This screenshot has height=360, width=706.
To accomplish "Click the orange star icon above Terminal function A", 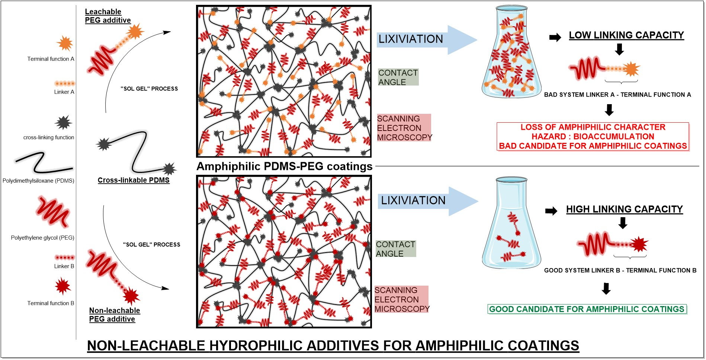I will (x=65, y=44).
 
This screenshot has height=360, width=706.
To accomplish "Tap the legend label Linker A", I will (x=64, y=92).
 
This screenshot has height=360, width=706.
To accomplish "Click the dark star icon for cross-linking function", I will (x=63, y=122).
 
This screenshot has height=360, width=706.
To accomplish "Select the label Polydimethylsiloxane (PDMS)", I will (x=38, y=181).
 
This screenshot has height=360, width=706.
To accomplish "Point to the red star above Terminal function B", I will (x=63, y=286).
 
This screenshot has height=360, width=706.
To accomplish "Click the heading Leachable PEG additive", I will (x=107, y=16).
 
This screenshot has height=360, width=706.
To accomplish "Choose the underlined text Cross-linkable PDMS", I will (x=134, y=180).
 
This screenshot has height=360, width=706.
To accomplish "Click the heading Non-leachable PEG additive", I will (x=114, y=315).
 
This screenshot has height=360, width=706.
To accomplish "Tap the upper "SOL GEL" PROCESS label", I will (x=149, y=89).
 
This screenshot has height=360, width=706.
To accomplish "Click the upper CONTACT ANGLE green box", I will (x=398, y=77).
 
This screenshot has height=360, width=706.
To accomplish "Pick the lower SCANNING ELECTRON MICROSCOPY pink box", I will (x=401, y=299).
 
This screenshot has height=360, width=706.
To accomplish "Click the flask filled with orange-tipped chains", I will (x=511, y=60).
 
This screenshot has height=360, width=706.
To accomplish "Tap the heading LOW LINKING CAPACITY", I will (x=626, y=35).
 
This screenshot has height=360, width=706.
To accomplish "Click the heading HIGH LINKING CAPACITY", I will (x=624, y=209).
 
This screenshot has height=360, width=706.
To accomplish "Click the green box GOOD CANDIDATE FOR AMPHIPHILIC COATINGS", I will (x=587, y=309).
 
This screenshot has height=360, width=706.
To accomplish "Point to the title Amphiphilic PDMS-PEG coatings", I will (x=284, y=166).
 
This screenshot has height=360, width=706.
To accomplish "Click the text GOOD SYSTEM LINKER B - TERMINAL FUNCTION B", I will (x=620, y=270).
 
